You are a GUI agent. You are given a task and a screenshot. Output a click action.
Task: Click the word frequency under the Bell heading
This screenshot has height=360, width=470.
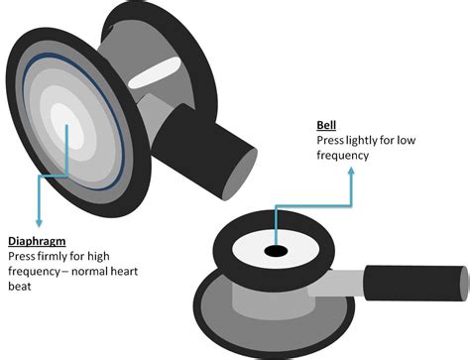[338, 156]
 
